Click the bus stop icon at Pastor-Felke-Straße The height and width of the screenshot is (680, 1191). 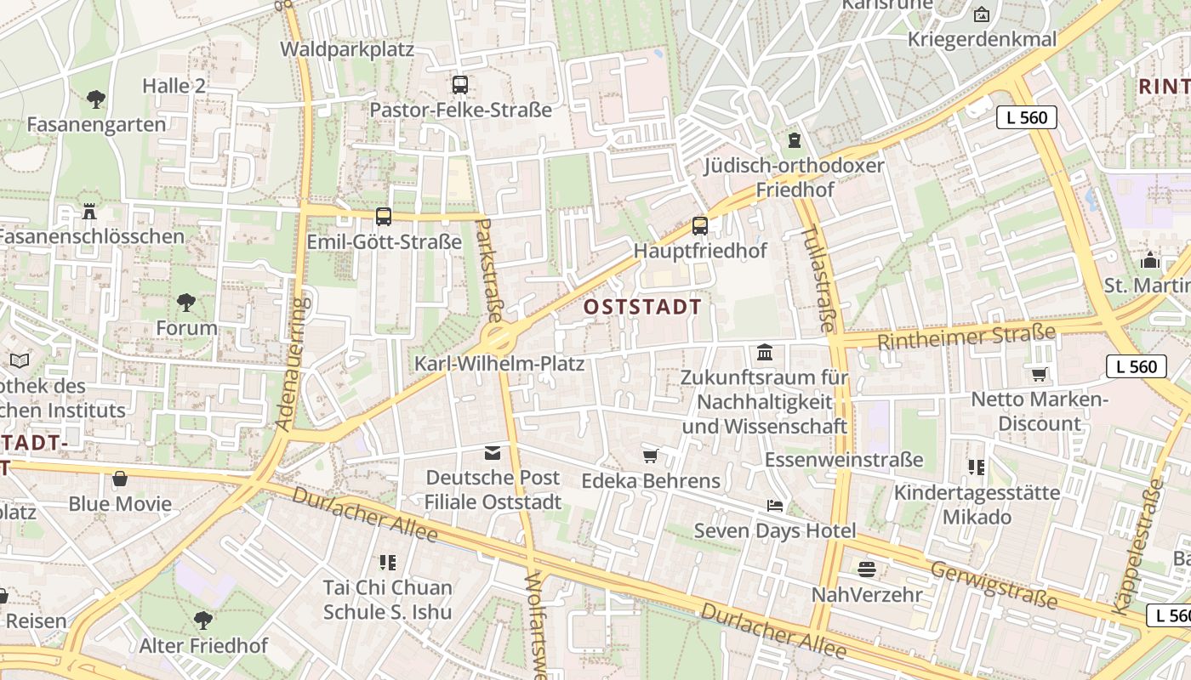(460, 85)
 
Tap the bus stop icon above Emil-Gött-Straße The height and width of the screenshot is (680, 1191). (384, 217)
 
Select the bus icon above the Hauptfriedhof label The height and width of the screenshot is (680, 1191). (700, 226)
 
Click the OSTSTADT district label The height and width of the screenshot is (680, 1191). (643, 307)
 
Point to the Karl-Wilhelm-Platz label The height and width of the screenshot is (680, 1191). (499, 364)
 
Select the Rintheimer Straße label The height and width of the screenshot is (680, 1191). (966, 337)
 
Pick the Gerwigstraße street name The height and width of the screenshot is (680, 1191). (994, 584)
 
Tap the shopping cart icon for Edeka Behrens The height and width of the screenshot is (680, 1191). (651, 456)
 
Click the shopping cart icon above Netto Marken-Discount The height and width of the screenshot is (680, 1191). (1039, 374)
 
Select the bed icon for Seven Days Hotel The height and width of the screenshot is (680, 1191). (775, 506)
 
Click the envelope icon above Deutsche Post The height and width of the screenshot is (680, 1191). (493, 452)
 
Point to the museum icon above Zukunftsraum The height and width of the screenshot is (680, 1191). (765, 352)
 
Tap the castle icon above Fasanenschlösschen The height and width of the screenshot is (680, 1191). (89, 211)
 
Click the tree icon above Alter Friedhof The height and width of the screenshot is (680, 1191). (202, 620)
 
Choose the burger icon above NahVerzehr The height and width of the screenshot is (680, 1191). (867, 569)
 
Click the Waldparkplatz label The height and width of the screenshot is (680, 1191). (347, 49)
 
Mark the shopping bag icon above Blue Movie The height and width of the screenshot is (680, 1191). (120, 479)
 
